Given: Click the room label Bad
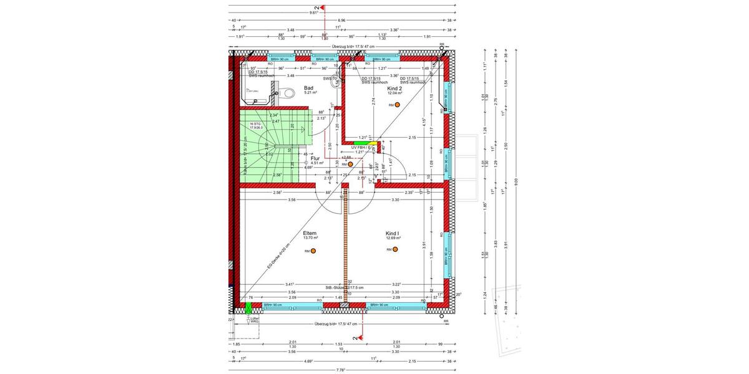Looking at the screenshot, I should coord(308,88).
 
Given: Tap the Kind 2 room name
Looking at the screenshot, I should coord(394,89).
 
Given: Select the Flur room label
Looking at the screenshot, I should coord(315,158).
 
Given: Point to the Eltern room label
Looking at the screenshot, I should coord(310,233).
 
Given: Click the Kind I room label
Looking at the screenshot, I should coord(393,233).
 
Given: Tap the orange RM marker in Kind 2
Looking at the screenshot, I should coord(399,105).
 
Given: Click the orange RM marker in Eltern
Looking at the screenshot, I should coord(314,251).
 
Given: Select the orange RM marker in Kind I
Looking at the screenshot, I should coord(396,249).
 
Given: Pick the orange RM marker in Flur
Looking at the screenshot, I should coord(351,165).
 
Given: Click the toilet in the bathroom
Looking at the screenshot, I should coord(286,93).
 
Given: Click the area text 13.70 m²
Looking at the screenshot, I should coord(310,238).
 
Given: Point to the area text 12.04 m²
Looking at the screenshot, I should coord(394,94).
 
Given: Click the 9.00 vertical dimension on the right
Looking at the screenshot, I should coord(516,181).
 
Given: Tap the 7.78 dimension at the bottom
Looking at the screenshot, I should coord(341,370).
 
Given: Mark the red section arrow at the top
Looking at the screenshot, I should coord(323,7).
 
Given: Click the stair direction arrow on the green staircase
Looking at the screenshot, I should coord(302,129).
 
